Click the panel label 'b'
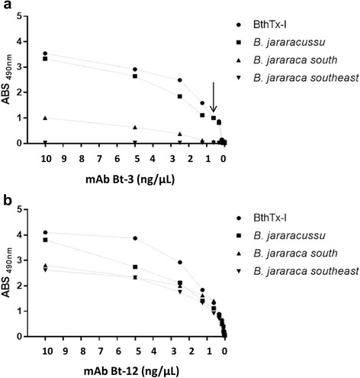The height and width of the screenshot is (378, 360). [5, 202]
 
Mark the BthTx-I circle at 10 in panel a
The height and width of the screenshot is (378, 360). [45, 53]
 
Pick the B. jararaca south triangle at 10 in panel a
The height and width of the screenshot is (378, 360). [45, 118]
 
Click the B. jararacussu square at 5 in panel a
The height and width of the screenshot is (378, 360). [135, 76]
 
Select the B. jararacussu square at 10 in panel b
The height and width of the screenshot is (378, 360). [45, 240]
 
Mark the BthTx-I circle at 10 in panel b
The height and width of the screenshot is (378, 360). [45, 232]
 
